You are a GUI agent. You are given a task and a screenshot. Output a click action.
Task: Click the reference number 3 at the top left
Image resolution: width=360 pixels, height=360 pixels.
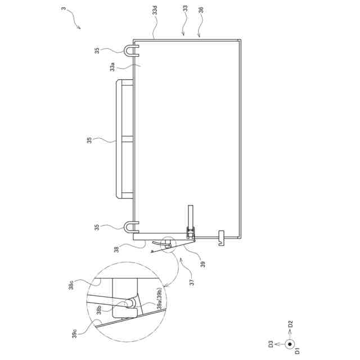[63, 9]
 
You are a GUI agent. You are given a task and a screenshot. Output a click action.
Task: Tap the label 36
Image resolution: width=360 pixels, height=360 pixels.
[201, 10]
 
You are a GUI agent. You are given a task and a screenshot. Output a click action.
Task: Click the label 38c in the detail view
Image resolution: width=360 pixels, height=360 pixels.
[71, 286]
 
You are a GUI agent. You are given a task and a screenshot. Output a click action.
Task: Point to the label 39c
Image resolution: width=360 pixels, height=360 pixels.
[74, 334]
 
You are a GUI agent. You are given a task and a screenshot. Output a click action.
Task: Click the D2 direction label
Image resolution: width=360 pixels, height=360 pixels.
[290, 325]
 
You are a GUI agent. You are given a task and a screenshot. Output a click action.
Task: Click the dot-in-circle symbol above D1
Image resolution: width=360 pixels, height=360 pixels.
[290, 344]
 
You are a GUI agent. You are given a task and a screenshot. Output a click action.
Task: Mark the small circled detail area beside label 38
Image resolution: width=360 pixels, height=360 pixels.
[167, 244]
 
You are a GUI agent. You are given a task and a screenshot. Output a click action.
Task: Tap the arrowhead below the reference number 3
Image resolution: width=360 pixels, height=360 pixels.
[79, 28]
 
